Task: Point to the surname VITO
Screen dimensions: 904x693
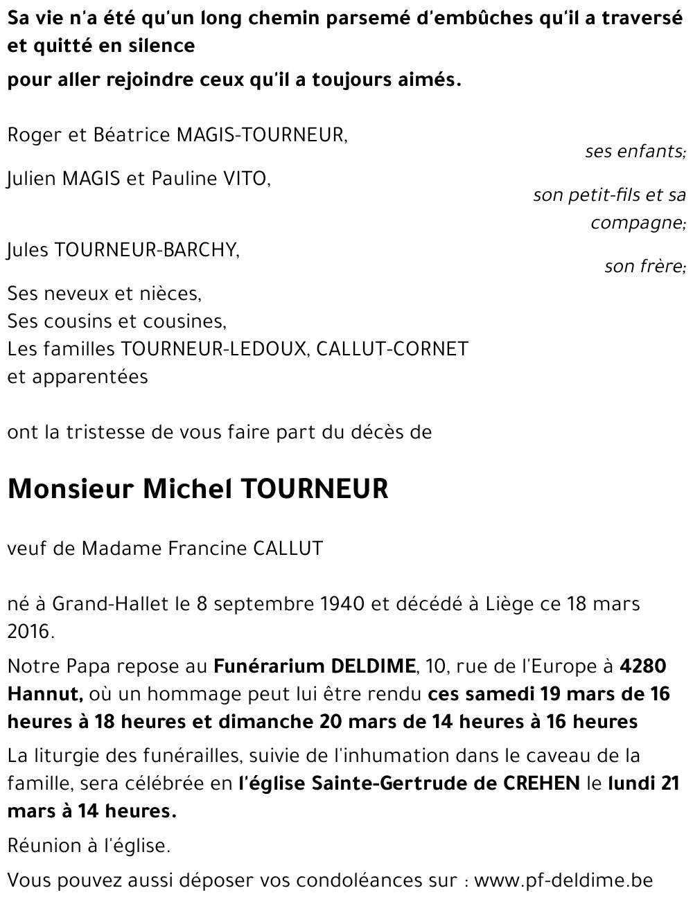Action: (245, 179)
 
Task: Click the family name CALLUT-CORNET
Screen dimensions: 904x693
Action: (392, 348)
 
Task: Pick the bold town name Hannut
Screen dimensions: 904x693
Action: (45, 694)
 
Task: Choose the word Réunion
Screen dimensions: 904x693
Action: (40, 846)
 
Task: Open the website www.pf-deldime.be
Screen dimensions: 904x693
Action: (563, 880)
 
